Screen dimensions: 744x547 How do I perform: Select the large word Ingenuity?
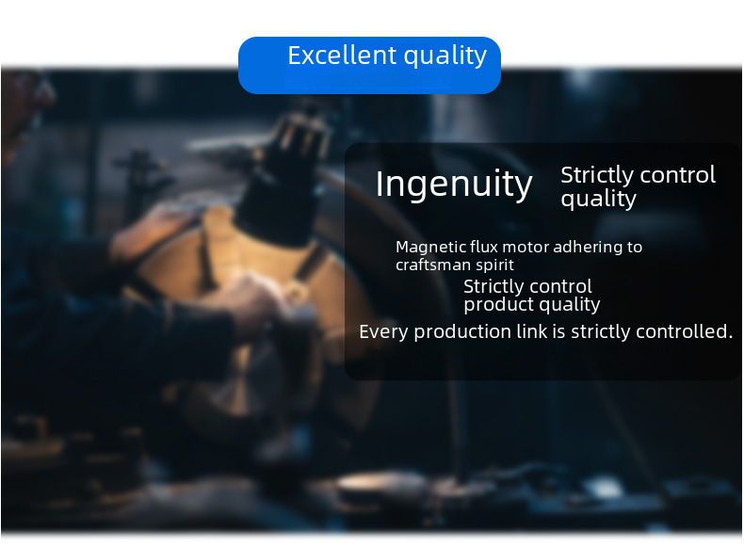coord(454,185)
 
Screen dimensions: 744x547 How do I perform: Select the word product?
coord(493,305)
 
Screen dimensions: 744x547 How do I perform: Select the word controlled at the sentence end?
coord(685,331)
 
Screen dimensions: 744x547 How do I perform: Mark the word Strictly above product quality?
coord(493,287)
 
